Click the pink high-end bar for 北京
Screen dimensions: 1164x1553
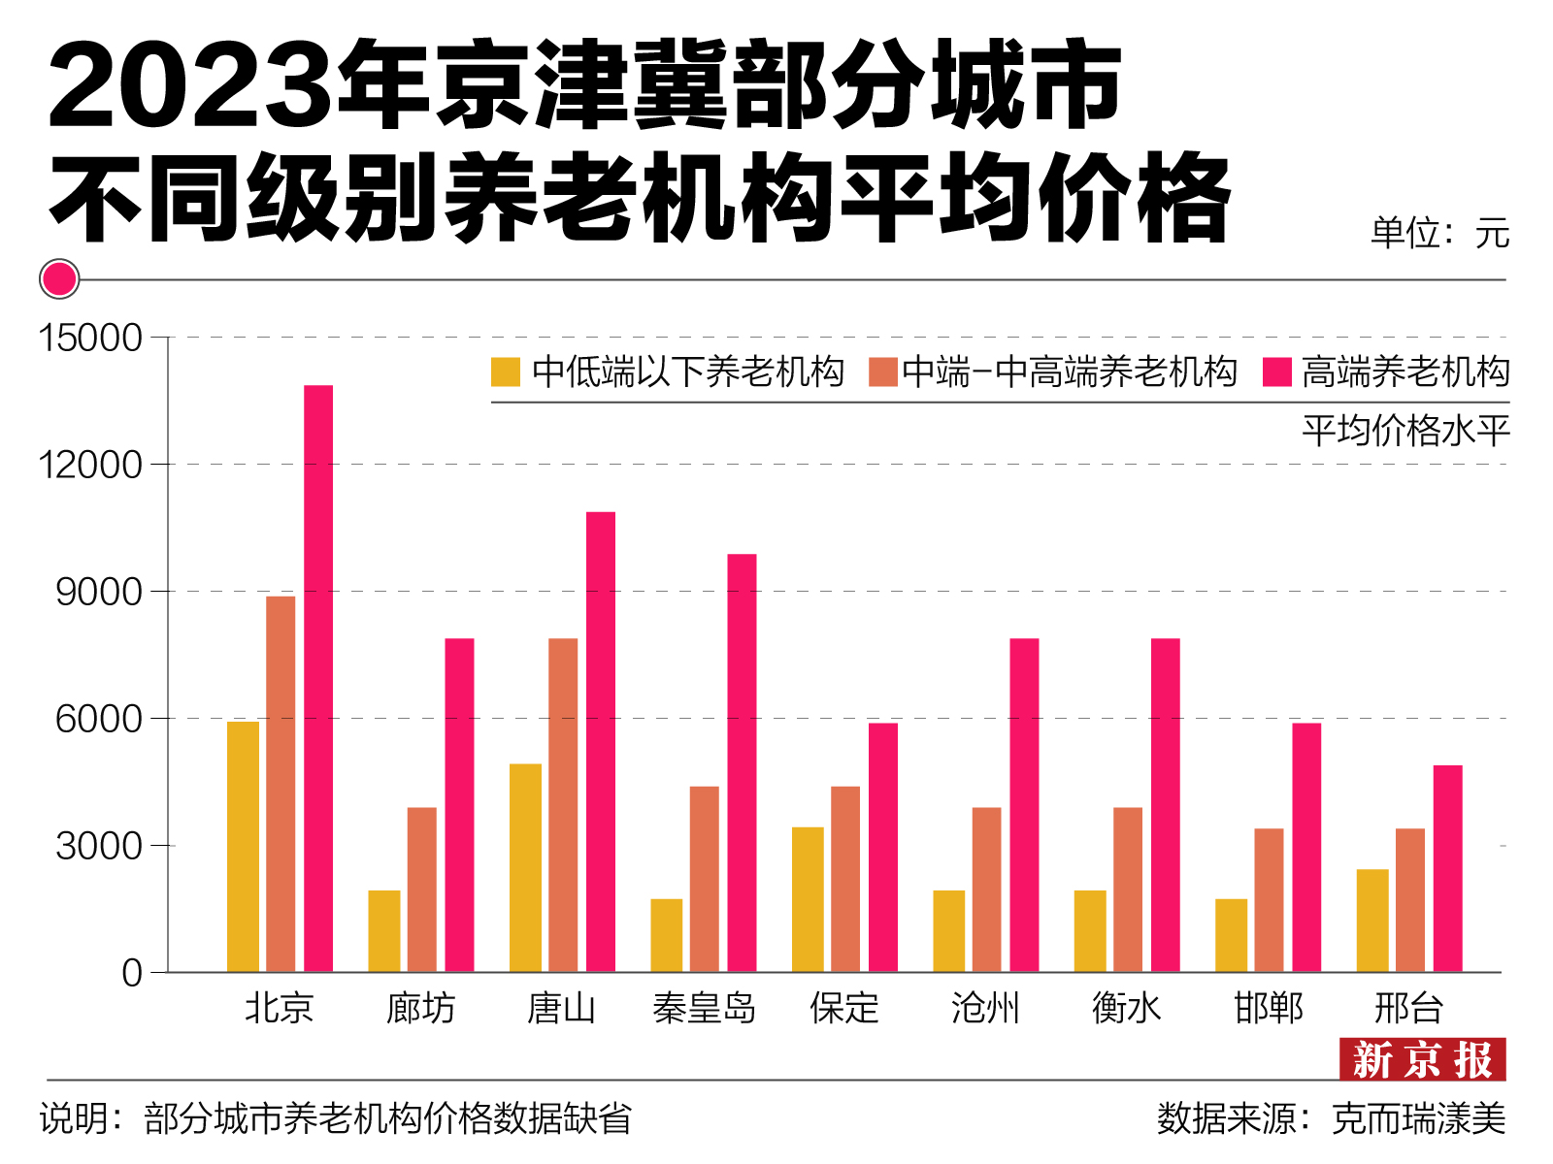pyautogui.click(x=318, y=679)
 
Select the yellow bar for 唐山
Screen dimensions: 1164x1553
pyautogui.click(x=525, y=868)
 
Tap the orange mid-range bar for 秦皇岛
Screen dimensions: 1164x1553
pyautogui.click(x=705, y=879)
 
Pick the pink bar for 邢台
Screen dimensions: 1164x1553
pyautogui.click(x=1447, y=868)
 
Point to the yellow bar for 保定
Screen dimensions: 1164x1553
pyautogui.click(x=808, y=899)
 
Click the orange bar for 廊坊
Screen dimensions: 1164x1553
pyautogui.click(x=422, y=889)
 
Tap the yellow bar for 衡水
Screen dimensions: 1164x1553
pyautogui.click(x=1090, y=931)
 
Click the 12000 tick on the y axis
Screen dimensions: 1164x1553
pyautogui.click(x=90, y=465)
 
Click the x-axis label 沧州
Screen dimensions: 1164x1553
pyautogui.click(x=985, y=1009)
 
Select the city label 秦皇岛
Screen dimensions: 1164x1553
pyautogui.click(x=704, y=1009)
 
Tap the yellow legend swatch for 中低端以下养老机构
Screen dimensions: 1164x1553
pyautogui.click(x=506, y=372)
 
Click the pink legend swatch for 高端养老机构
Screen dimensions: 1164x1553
pyautogui.click(x=1277, y=372)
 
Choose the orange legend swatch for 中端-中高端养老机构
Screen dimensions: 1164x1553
pyautogui.click(x=883, y=372)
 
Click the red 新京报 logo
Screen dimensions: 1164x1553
pyautogui.click(x=1422, y=1059)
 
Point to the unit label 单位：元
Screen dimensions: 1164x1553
pyautogui.click(x=1439, y=234)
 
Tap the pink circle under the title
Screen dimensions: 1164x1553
pyautogui.click(x=59, y=279)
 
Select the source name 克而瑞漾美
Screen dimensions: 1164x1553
pyautogui.click(x=1418, y=1119)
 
